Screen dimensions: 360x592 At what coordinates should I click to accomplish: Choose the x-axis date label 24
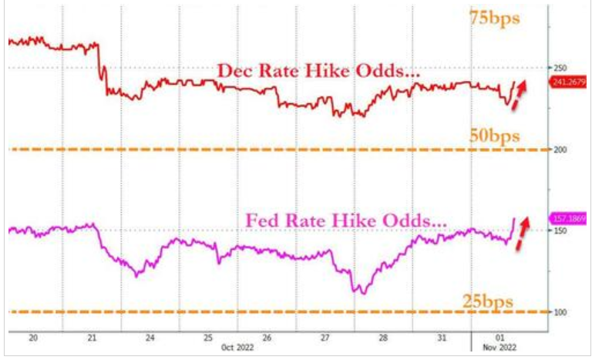click(150, 337)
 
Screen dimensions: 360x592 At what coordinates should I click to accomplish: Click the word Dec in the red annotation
click(234, 70)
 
